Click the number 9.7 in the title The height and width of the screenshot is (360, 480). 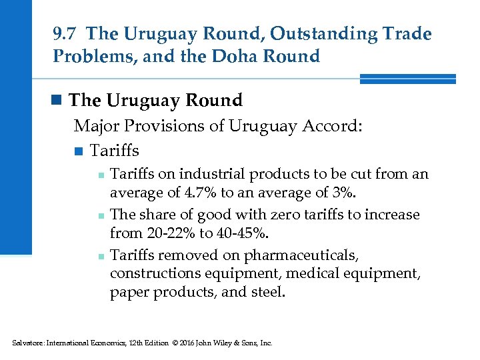pos(65,33)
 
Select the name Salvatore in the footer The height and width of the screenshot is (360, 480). pos(27,343)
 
